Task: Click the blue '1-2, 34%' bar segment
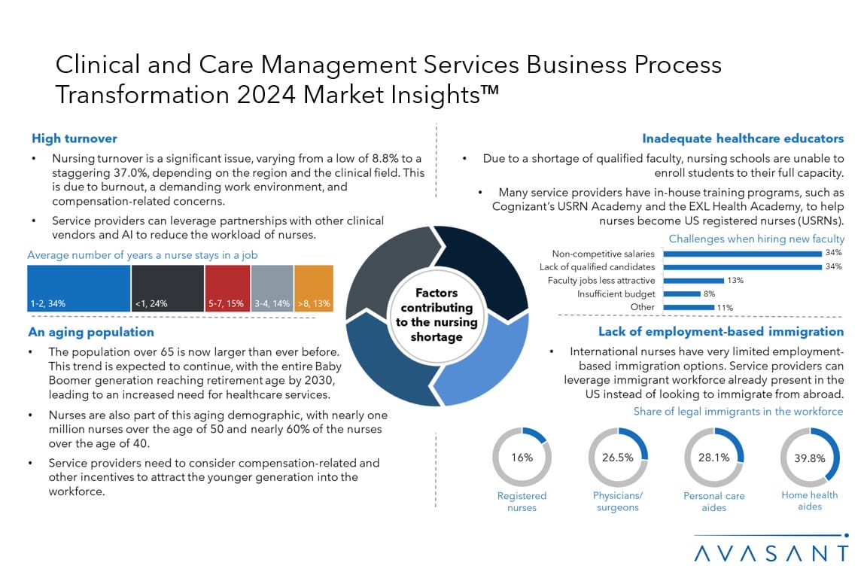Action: [x=78, y=288]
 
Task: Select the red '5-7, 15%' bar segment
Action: [x=226, y=288]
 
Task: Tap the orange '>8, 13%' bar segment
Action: [x=313, y=288]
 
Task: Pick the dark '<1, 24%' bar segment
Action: [x=168, y=288]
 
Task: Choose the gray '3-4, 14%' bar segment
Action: [x=270, y=288]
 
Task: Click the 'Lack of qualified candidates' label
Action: [x=597, y=266]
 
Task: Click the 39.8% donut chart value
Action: [x=809, y=457]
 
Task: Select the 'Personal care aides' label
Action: [x=713, y=502]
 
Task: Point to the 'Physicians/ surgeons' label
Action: [x=617, y=501]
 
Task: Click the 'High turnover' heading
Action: [x=75, y=138]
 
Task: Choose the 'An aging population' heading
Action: [x=91, y=332]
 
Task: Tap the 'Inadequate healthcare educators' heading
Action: [x=742, y=138]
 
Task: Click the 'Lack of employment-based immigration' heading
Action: [x=720, y=332]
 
